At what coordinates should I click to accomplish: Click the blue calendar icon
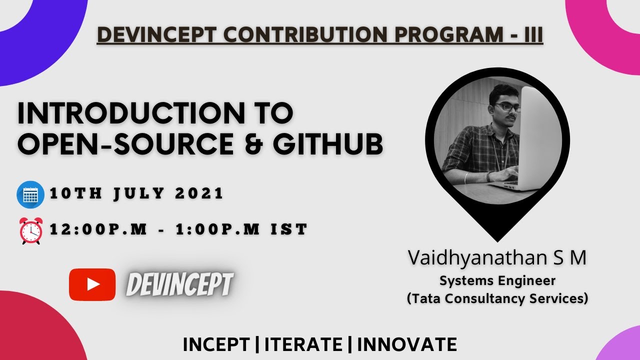click(30, 194)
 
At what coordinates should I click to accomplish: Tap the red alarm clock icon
click(31, 230)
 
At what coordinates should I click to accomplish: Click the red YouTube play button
click(92, 284)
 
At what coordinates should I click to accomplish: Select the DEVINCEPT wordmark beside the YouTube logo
click(179, 285)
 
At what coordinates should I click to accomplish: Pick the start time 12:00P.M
click(98, 229)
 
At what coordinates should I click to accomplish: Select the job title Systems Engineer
click(497, 280)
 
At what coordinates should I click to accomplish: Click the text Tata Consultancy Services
click(497, 298)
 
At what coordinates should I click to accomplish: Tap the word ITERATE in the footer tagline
click(303, 344)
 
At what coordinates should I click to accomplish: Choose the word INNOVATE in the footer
click(407, 344)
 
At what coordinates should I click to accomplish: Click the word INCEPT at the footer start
click(216, 344)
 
